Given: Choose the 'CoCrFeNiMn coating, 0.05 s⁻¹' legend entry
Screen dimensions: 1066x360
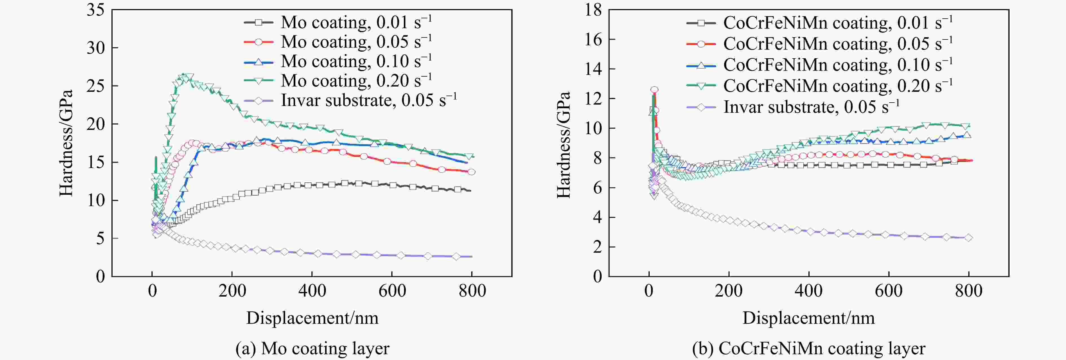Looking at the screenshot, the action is click(x=820, y=43).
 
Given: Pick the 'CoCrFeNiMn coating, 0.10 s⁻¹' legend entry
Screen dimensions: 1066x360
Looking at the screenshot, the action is click(x=820, y=65).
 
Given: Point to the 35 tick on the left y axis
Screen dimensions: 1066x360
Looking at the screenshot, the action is click(x=96, y=10).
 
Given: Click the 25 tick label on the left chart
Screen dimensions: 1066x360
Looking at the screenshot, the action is click(x=96, y=86).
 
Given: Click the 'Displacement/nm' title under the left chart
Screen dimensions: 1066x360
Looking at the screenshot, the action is click(x=313, y=318).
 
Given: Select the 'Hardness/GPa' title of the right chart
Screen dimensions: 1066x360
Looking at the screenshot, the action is click(x=564, y=145).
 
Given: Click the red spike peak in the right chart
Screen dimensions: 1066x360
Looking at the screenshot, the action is click(x=654, y=89).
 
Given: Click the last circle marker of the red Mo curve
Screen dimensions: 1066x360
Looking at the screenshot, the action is click(x=471, y=172).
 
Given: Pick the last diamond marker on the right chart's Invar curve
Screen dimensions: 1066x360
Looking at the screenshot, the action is click(x=968, y=238).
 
